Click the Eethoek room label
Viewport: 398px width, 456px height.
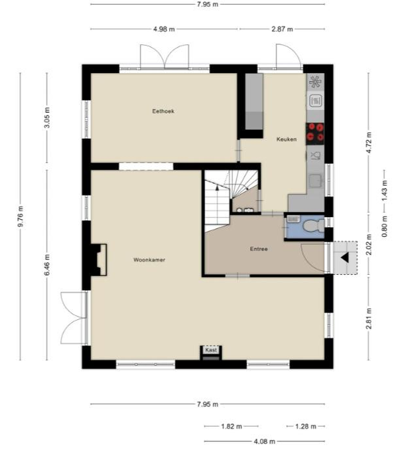163,111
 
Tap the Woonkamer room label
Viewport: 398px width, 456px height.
149,260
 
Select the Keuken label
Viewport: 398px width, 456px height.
287,139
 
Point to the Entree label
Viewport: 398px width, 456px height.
259,249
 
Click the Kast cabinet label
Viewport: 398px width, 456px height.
211,350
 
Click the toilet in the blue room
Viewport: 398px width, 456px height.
313,226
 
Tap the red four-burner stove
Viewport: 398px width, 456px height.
315,134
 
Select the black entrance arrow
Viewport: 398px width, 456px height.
345,258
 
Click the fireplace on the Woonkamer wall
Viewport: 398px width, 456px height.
99,260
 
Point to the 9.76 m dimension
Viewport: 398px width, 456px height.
21,216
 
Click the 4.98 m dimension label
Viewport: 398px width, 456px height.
164,29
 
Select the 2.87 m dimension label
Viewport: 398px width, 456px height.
282,29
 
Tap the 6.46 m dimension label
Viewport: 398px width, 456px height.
47,265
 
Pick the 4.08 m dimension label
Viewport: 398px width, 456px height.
264,441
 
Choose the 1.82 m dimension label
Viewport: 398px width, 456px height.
232,427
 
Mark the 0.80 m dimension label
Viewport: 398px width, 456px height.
384,226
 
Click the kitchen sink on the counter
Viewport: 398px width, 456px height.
315,181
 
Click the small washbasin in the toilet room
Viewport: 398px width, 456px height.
293,219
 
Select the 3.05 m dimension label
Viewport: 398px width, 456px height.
47,117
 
